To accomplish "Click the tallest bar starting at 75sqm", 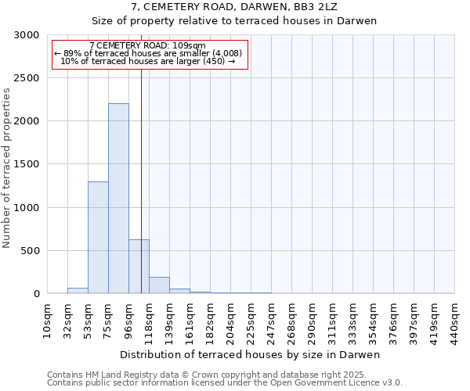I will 118,199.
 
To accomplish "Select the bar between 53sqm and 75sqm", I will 98,238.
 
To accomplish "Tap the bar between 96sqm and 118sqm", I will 139,267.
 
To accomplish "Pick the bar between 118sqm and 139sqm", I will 159,285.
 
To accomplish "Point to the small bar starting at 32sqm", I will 78,291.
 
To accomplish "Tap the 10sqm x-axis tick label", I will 47,321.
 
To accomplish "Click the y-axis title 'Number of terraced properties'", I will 8,167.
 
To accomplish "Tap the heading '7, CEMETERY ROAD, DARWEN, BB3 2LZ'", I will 234,6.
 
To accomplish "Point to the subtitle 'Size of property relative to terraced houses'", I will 234,21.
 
